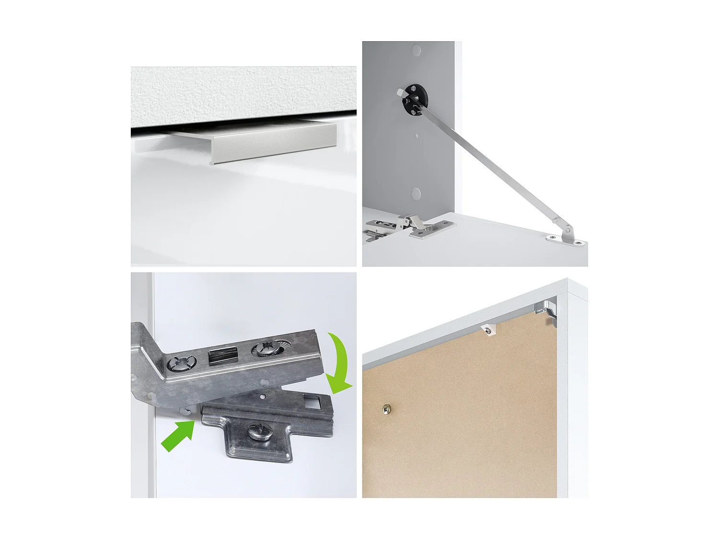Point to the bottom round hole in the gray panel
coord(416,194)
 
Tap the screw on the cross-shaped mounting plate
coord(259,433)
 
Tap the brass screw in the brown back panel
coord(386,410)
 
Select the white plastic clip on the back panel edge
coord(488,331)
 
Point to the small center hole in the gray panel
coord(416,136)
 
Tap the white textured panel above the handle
coord(244,91)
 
